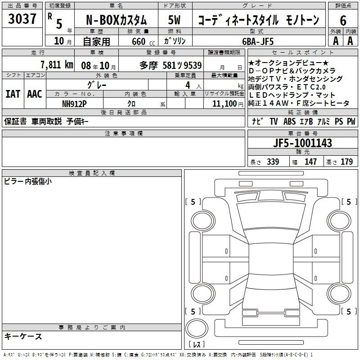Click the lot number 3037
(x=22, y=19)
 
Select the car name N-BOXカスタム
(x=116, y=20)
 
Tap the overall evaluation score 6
(x=343, y=21)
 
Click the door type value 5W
(x=174, y=20)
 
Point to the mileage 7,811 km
(x=57, y=65)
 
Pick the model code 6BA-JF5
(x=258, y=41)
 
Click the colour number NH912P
(x=74, y=104)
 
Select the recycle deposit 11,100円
(x=228, y=104)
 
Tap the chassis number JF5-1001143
(x=302, y=143)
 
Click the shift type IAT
(x=13, y=94)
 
